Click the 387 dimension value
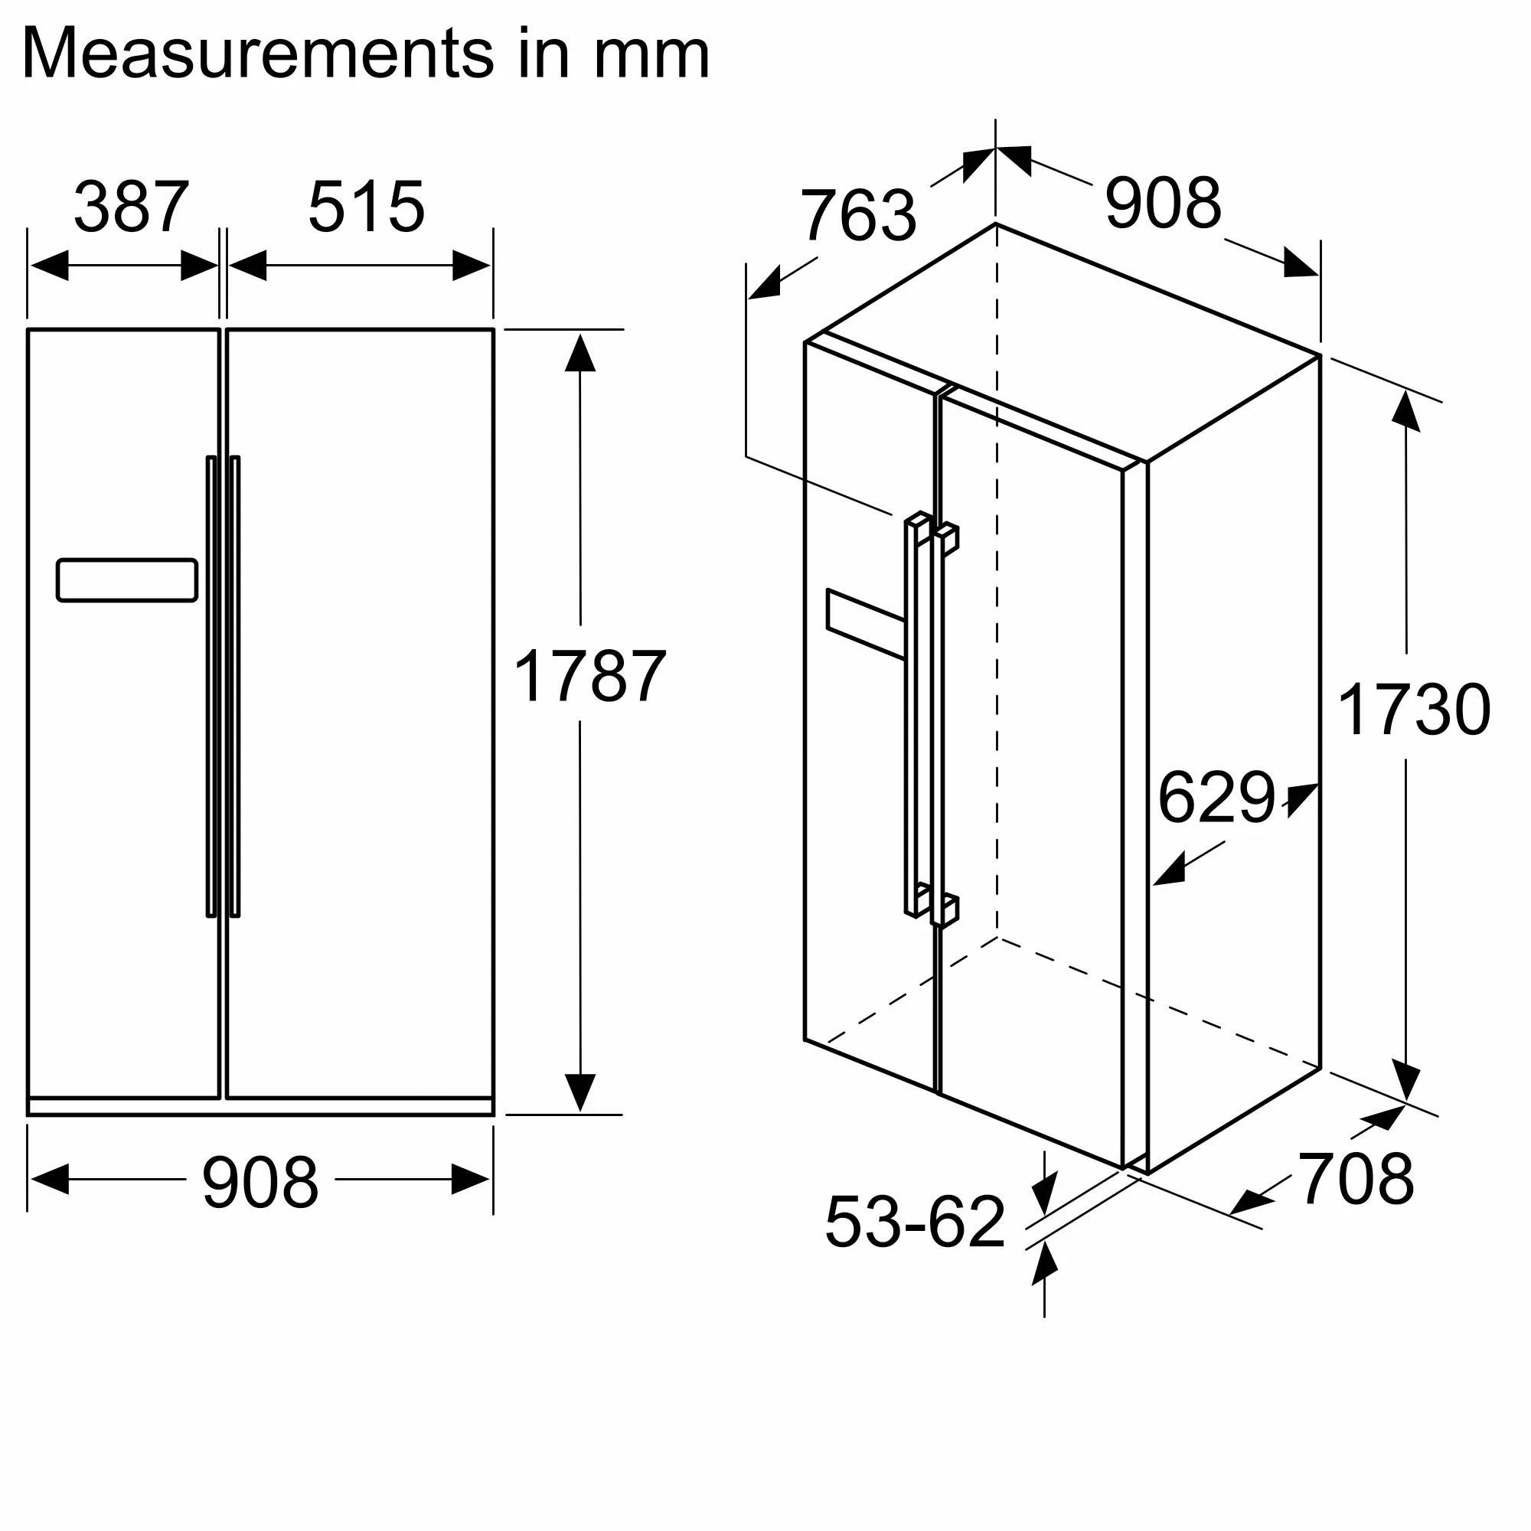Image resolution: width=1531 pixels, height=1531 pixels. coord(132,207)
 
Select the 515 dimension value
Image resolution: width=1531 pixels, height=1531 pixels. coord(366,207)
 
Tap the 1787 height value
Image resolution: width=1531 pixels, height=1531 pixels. coord(589,676)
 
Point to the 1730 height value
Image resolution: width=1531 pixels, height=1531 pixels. coord(1414,710)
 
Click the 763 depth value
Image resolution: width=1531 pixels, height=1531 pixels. coord(858,216)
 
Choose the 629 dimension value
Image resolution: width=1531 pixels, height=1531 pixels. coord(1216,797)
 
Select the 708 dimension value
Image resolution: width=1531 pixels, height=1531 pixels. coord(1356,1179)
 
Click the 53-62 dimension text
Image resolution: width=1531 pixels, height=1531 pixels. coord(915,1222)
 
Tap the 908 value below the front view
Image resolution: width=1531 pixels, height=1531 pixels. coord(260,1183)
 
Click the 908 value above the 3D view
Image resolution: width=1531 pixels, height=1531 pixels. coord(1163,204)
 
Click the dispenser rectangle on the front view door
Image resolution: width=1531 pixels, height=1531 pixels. coord(127,580)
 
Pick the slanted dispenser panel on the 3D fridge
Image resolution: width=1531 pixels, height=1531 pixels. coord(865,624)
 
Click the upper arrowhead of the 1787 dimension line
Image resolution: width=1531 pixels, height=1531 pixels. coord(580,354)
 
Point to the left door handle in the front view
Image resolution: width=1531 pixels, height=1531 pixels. coord(211,686)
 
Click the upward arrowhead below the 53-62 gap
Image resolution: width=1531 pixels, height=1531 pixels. coord(1044,1264)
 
